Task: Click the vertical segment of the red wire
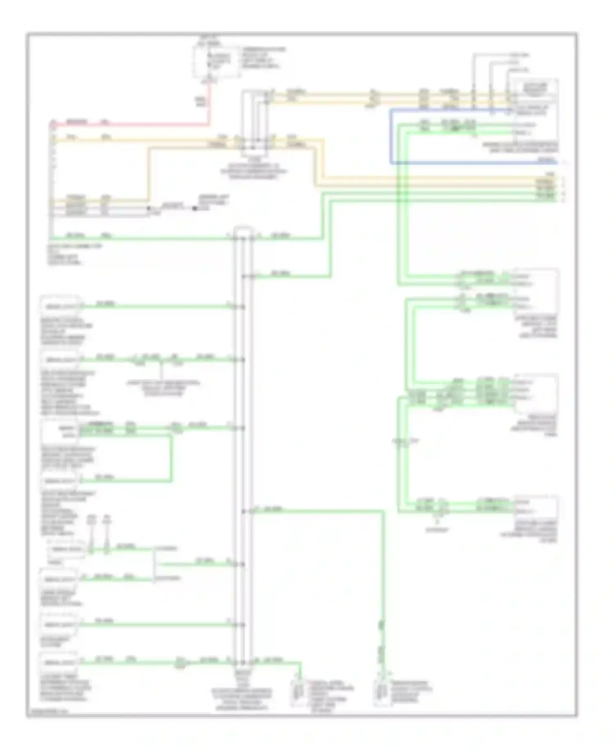[x=210, y=103]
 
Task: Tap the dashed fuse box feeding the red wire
[x=216, y=62]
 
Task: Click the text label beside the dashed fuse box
[x=262, y=57]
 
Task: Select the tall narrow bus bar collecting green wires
[x=243, y=447]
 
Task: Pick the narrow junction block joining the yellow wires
[x=254, y=123]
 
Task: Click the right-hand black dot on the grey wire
[x=194, y=208]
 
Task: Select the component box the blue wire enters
[x=535, y=109]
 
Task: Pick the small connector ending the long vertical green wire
[x=381, y=693]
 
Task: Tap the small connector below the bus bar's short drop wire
[x=297, y=693]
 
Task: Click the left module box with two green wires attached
[x=59, y=431]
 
